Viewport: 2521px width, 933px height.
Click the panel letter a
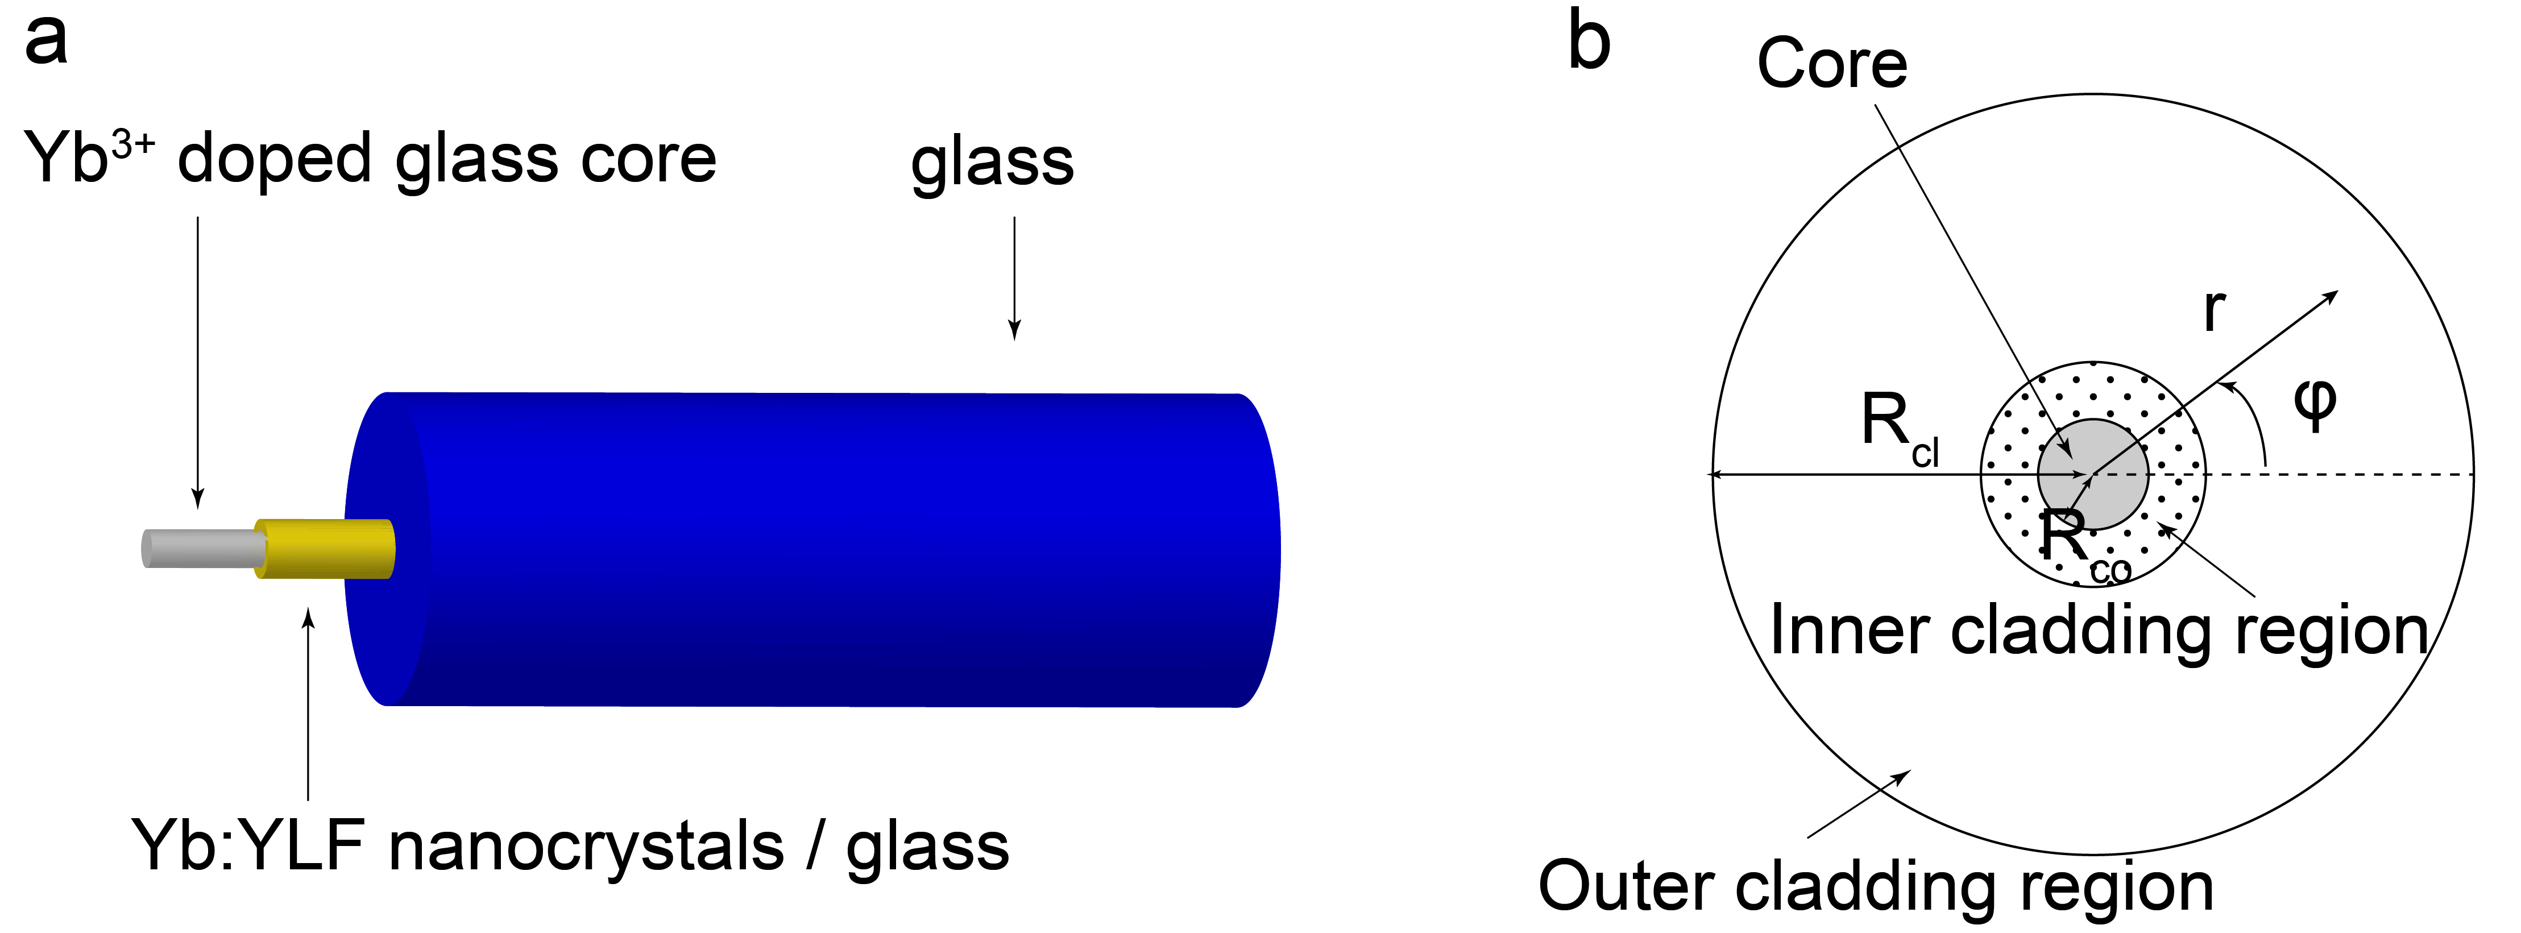pyautogui.click(x=46, y=41)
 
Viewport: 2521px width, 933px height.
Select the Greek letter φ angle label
pyautogui.click(x=2315, y=403)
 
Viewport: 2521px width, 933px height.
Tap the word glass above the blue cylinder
pyautogui.click(x=992, y=164)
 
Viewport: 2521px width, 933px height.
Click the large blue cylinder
pyautogui.click(x=812, y=548)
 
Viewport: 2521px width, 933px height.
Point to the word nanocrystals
pyautogui.click(x=585, y=848)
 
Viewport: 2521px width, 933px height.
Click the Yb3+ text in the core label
pyautogui.click(x=88, y=157)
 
